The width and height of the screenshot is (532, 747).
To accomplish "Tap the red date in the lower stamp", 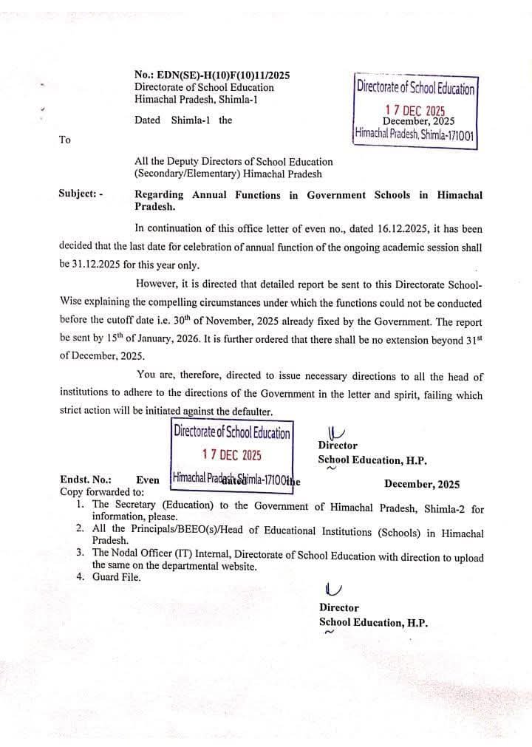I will [231, 454].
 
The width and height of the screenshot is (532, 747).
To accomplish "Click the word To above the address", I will [64, 140].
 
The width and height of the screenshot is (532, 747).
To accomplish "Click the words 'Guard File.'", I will [116, 577].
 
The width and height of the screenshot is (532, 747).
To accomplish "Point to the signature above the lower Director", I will [333, 589].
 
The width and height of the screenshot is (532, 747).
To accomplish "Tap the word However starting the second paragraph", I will [160, 284].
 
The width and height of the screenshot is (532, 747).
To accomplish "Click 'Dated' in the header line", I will [148, 120].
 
